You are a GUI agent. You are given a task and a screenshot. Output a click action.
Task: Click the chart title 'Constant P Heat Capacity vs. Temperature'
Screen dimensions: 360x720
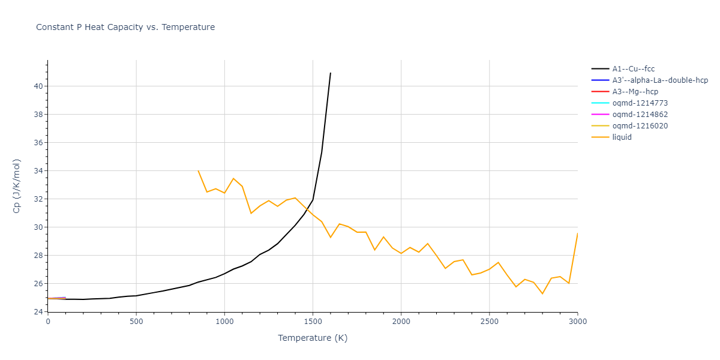125,27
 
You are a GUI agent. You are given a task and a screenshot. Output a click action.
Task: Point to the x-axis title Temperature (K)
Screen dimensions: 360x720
313,338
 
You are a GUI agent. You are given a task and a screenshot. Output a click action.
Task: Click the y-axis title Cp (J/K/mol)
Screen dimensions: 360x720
17,186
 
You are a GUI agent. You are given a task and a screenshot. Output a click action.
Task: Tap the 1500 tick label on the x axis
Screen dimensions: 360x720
313,322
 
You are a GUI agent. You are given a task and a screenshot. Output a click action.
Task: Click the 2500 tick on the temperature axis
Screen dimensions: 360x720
489,322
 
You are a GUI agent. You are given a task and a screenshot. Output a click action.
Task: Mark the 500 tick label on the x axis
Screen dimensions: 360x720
136,322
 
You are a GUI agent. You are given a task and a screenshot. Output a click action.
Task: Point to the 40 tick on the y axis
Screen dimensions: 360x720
38,86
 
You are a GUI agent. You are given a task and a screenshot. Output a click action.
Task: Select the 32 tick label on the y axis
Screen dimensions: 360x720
38,199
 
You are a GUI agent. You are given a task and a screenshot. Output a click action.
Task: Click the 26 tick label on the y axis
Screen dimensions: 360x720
38,284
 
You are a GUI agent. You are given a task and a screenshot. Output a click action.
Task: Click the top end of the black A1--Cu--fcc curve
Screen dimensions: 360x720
331,73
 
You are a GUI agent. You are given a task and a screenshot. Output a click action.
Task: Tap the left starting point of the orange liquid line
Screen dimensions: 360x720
198,170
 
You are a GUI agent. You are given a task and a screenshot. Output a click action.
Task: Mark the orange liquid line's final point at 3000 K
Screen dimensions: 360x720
577,233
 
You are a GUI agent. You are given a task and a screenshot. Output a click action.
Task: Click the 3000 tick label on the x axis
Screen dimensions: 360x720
577,322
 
